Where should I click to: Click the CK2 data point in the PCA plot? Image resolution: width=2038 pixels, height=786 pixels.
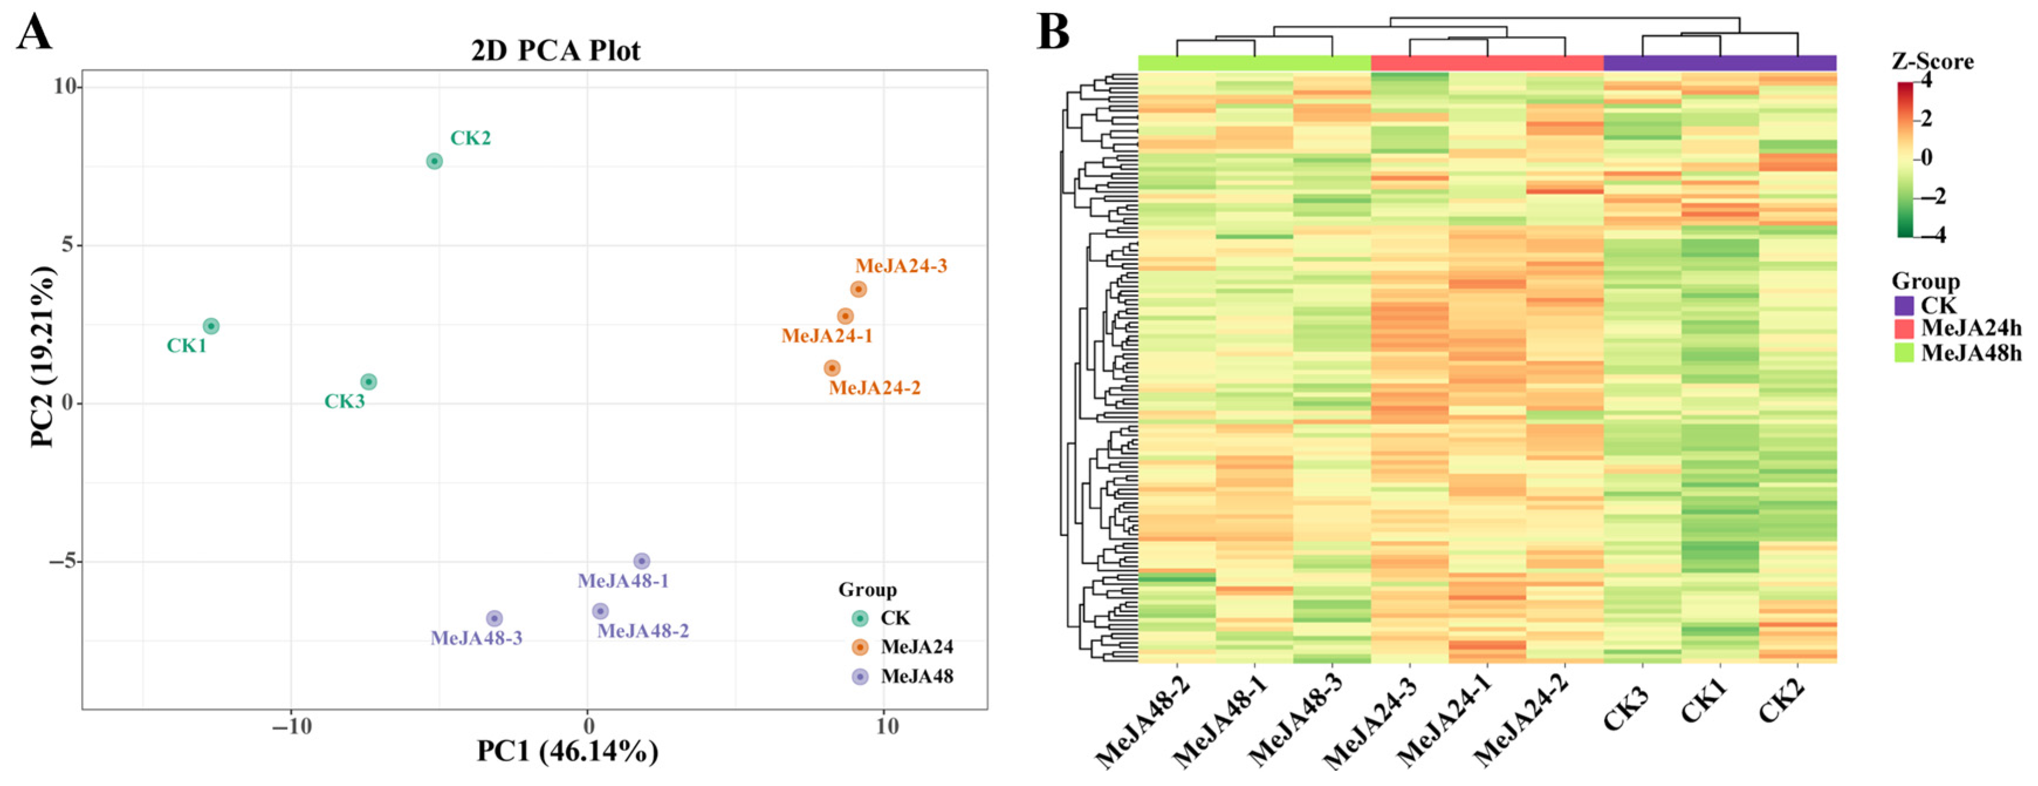[434, 162]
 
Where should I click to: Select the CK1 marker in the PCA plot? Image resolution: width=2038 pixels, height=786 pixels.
[211, 326]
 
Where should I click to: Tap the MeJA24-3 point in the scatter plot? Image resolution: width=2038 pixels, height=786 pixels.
[858, 290]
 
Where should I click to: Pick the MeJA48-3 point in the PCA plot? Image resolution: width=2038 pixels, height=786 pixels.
[494, 618]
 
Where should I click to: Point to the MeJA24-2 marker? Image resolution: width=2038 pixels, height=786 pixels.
[831, 368]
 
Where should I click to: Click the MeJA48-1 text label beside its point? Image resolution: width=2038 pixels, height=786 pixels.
[623, 581]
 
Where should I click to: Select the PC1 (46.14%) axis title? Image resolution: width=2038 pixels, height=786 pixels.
[567, 750]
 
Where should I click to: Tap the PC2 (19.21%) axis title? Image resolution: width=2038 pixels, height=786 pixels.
[43, 358]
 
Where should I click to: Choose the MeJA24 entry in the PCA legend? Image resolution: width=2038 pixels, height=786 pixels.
[916, 647]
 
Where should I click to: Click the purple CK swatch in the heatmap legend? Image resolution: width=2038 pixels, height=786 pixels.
[1903, 306]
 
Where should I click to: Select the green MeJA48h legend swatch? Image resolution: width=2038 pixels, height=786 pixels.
[1903, 352]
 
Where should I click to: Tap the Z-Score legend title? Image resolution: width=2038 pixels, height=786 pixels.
[1932, 61]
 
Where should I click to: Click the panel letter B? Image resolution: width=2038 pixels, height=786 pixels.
[1053, 33]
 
